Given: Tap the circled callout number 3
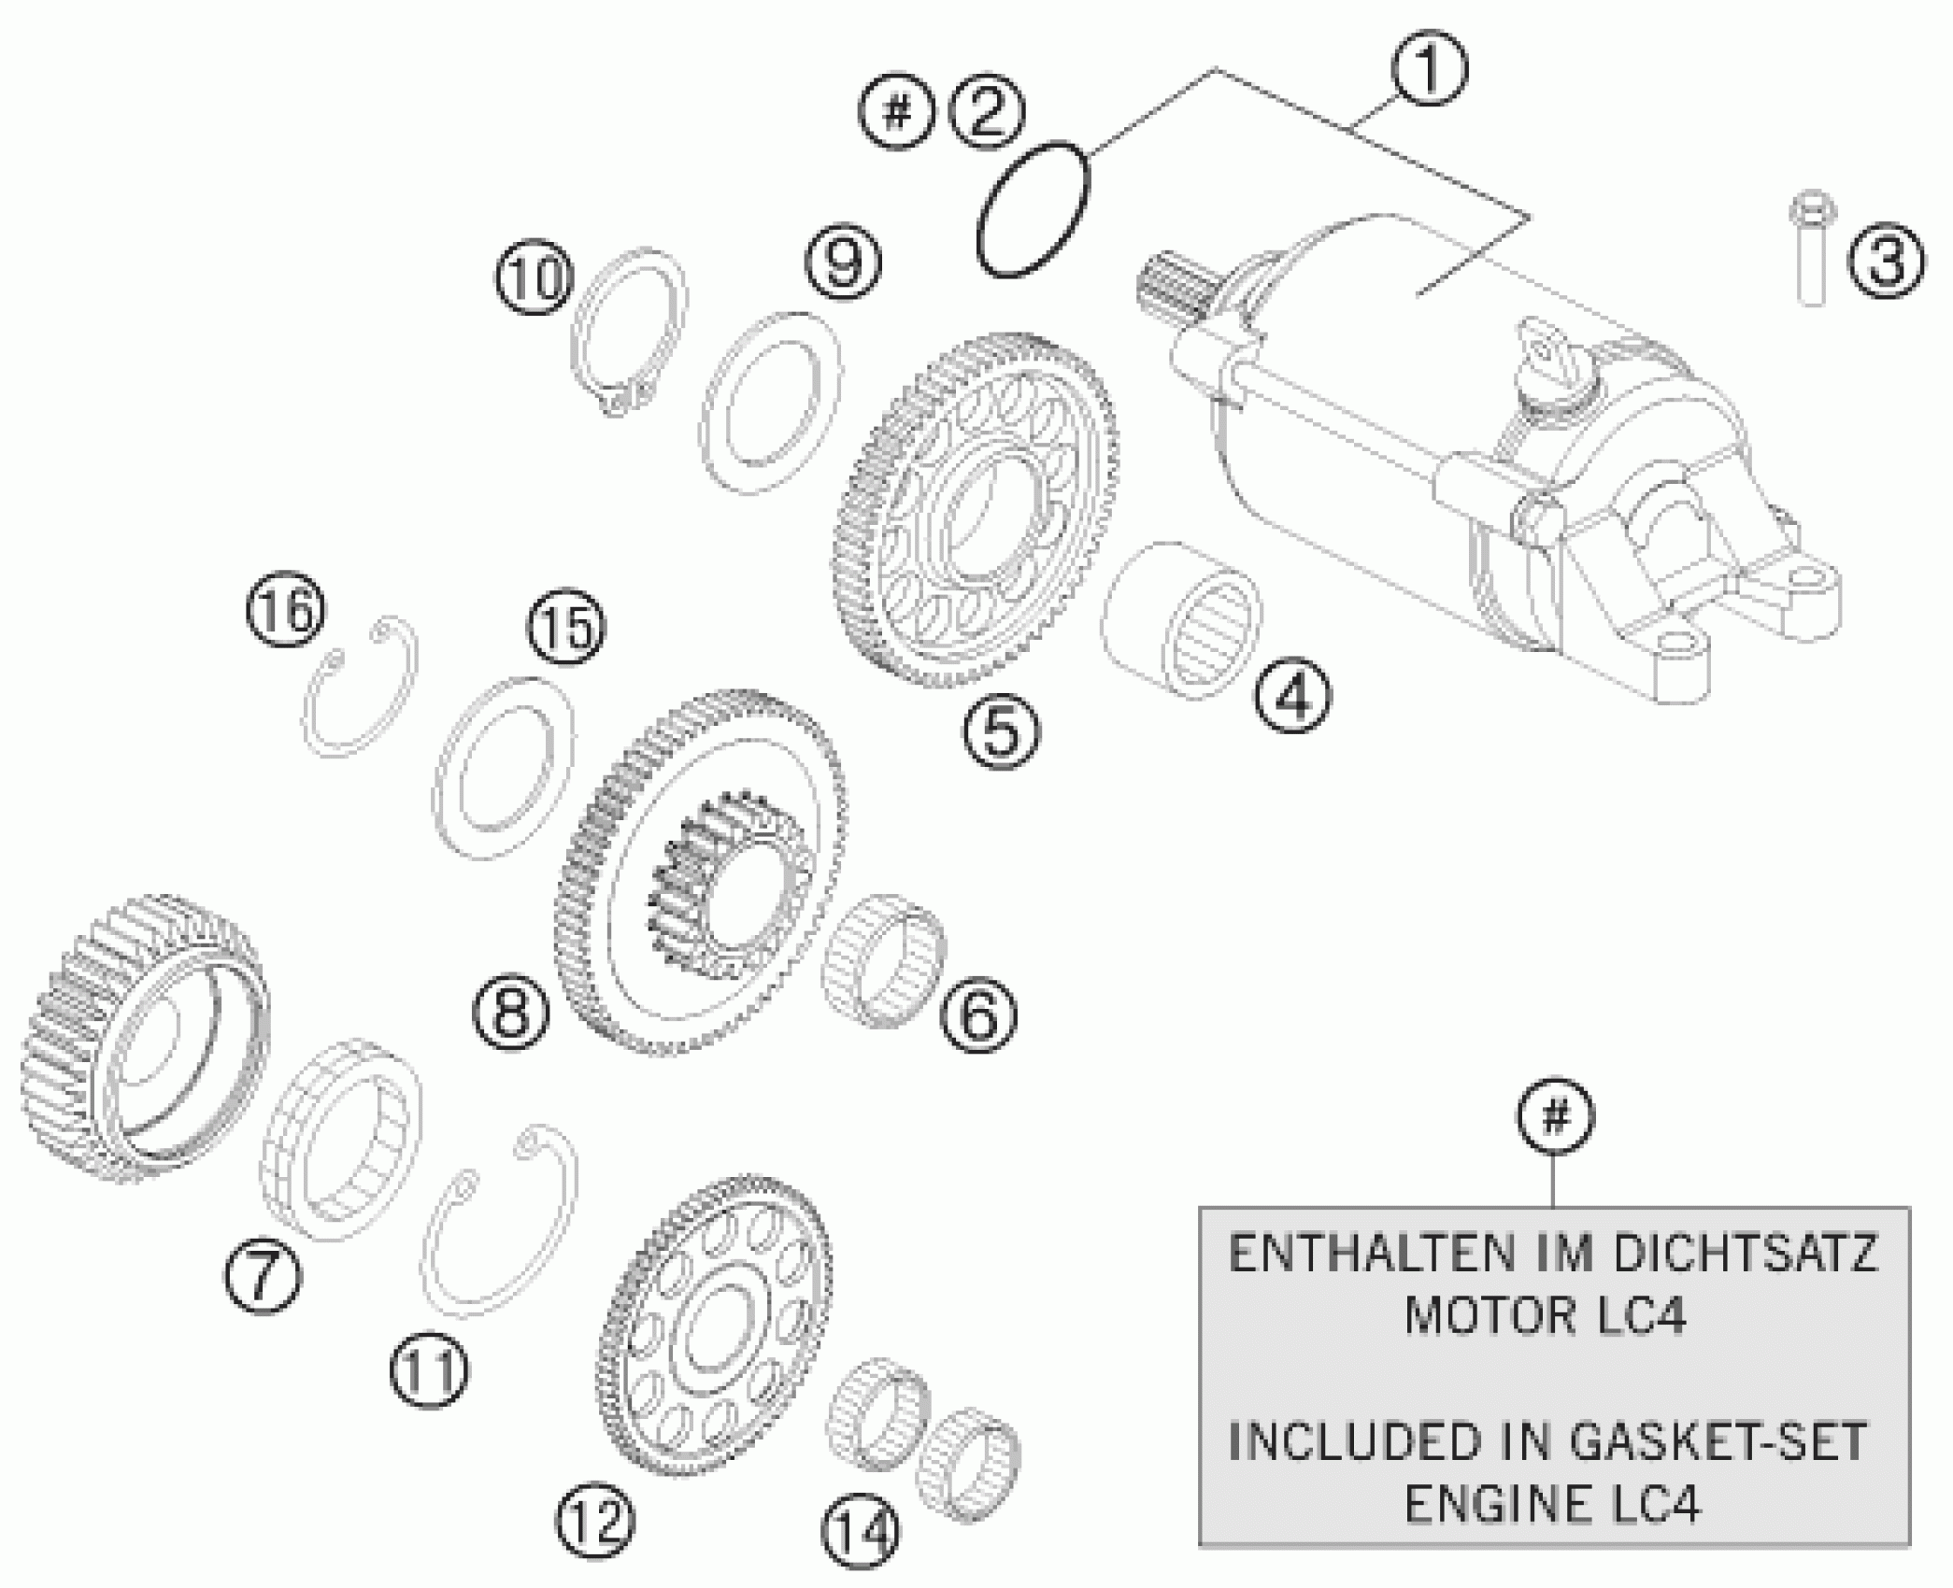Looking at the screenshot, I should (x=1886, y=261).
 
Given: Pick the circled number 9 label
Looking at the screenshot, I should (x=843, y=262).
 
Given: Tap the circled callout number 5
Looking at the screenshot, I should (x=1000, y=731).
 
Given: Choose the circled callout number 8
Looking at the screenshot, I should (x=511, y=1013).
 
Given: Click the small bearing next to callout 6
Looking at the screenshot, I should (x=883, y=972).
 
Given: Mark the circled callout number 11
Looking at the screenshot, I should (x=428, y=1370).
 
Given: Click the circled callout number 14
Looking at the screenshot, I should (x=861, y=1531).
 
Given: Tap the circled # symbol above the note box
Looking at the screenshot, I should (x=1555, y=1116).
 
